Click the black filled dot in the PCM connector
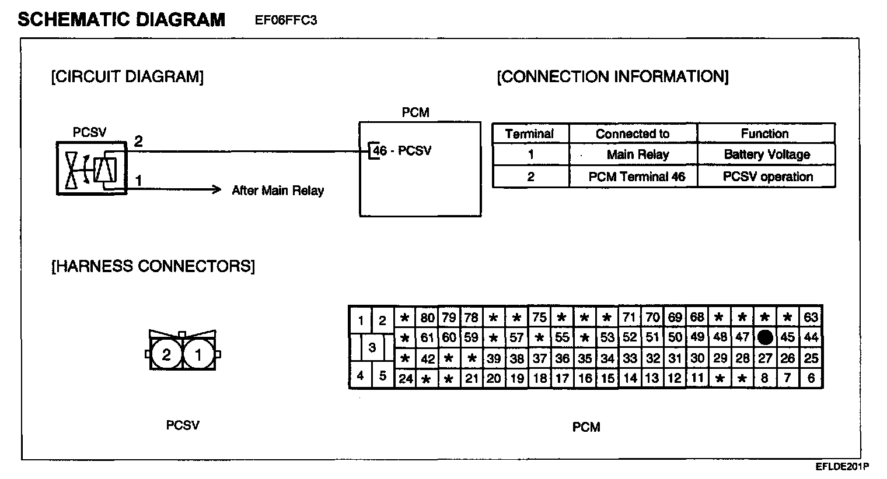click(765, 337)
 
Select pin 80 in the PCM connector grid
click(427, 318)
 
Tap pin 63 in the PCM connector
click(811, 318)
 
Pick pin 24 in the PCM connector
click(405, 378)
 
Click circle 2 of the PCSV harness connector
click(166, 354)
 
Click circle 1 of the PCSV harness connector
click(198, 354)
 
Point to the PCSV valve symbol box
click(92, 168)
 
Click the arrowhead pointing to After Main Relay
click(216, 189)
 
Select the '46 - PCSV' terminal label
click(402, 151)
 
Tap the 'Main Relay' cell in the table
click(637, 154)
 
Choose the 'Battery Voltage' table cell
click(767, 154)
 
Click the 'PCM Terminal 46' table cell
click(637, 177)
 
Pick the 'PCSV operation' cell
click(767, 177)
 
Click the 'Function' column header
click(764, 133)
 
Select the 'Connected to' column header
click(633, 133)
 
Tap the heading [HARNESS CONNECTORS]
click(153, 266)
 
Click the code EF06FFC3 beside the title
click(286, 20)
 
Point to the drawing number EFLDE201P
click(842, 467)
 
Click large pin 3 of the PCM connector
click(372, 348)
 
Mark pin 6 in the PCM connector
click(811, 378)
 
